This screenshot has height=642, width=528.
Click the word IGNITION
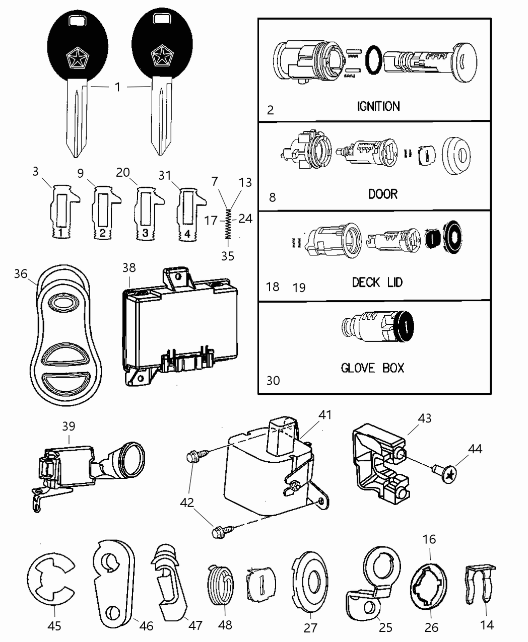tap(378, 106)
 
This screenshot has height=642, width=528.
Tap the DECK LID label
tap(377, 282)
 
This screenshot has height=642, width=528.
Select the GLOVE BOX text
tap(372, 368)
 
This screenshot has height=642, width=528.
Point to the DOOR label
tap(382, 194)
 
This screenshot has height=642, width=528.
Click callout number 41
tap(325, 415)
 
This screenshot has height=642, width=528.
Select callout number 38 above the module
tap(129, 268)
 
